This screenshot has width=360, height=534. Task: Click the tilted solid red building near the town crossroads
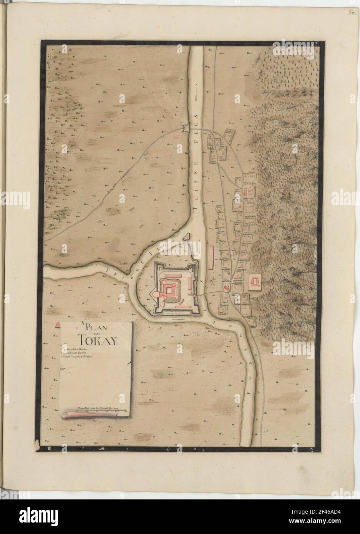(226, 287)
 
